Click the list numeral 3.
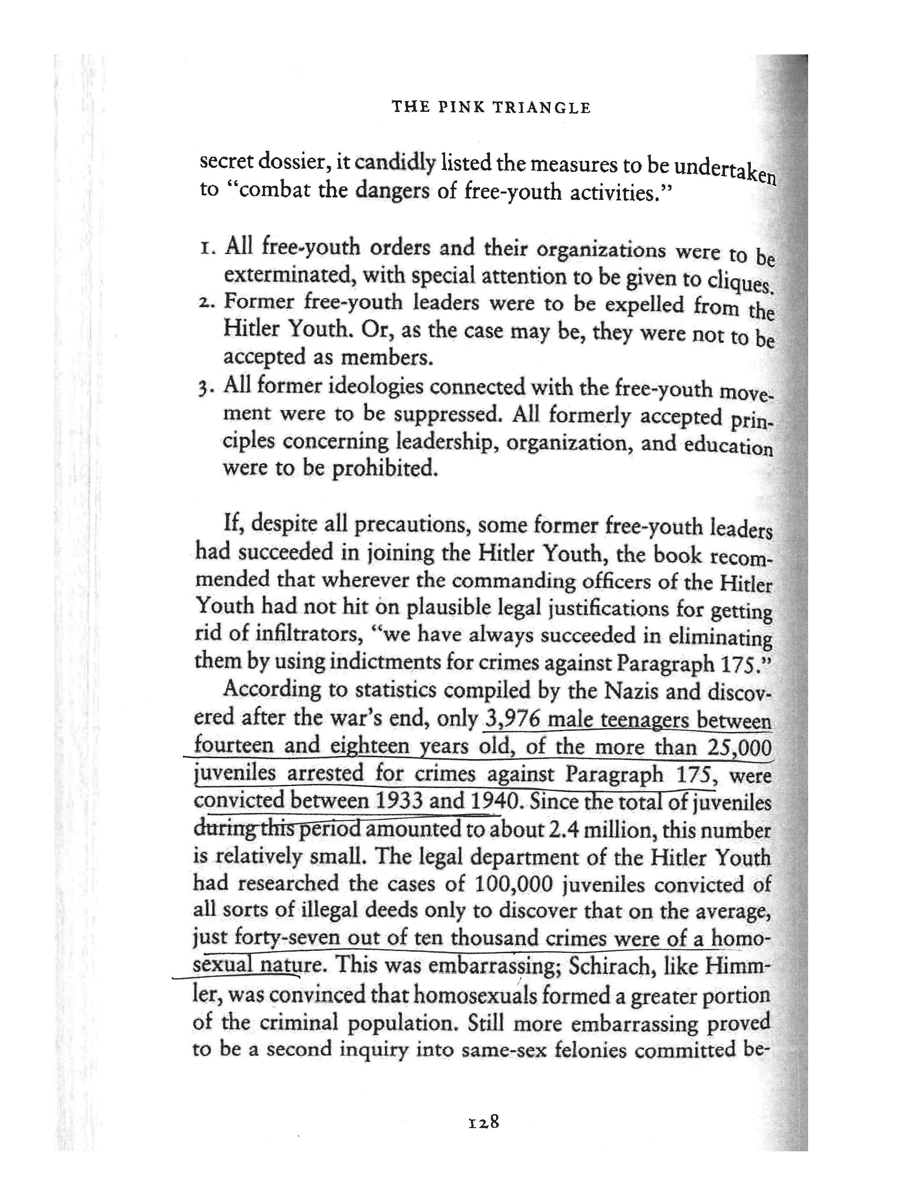205,388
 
